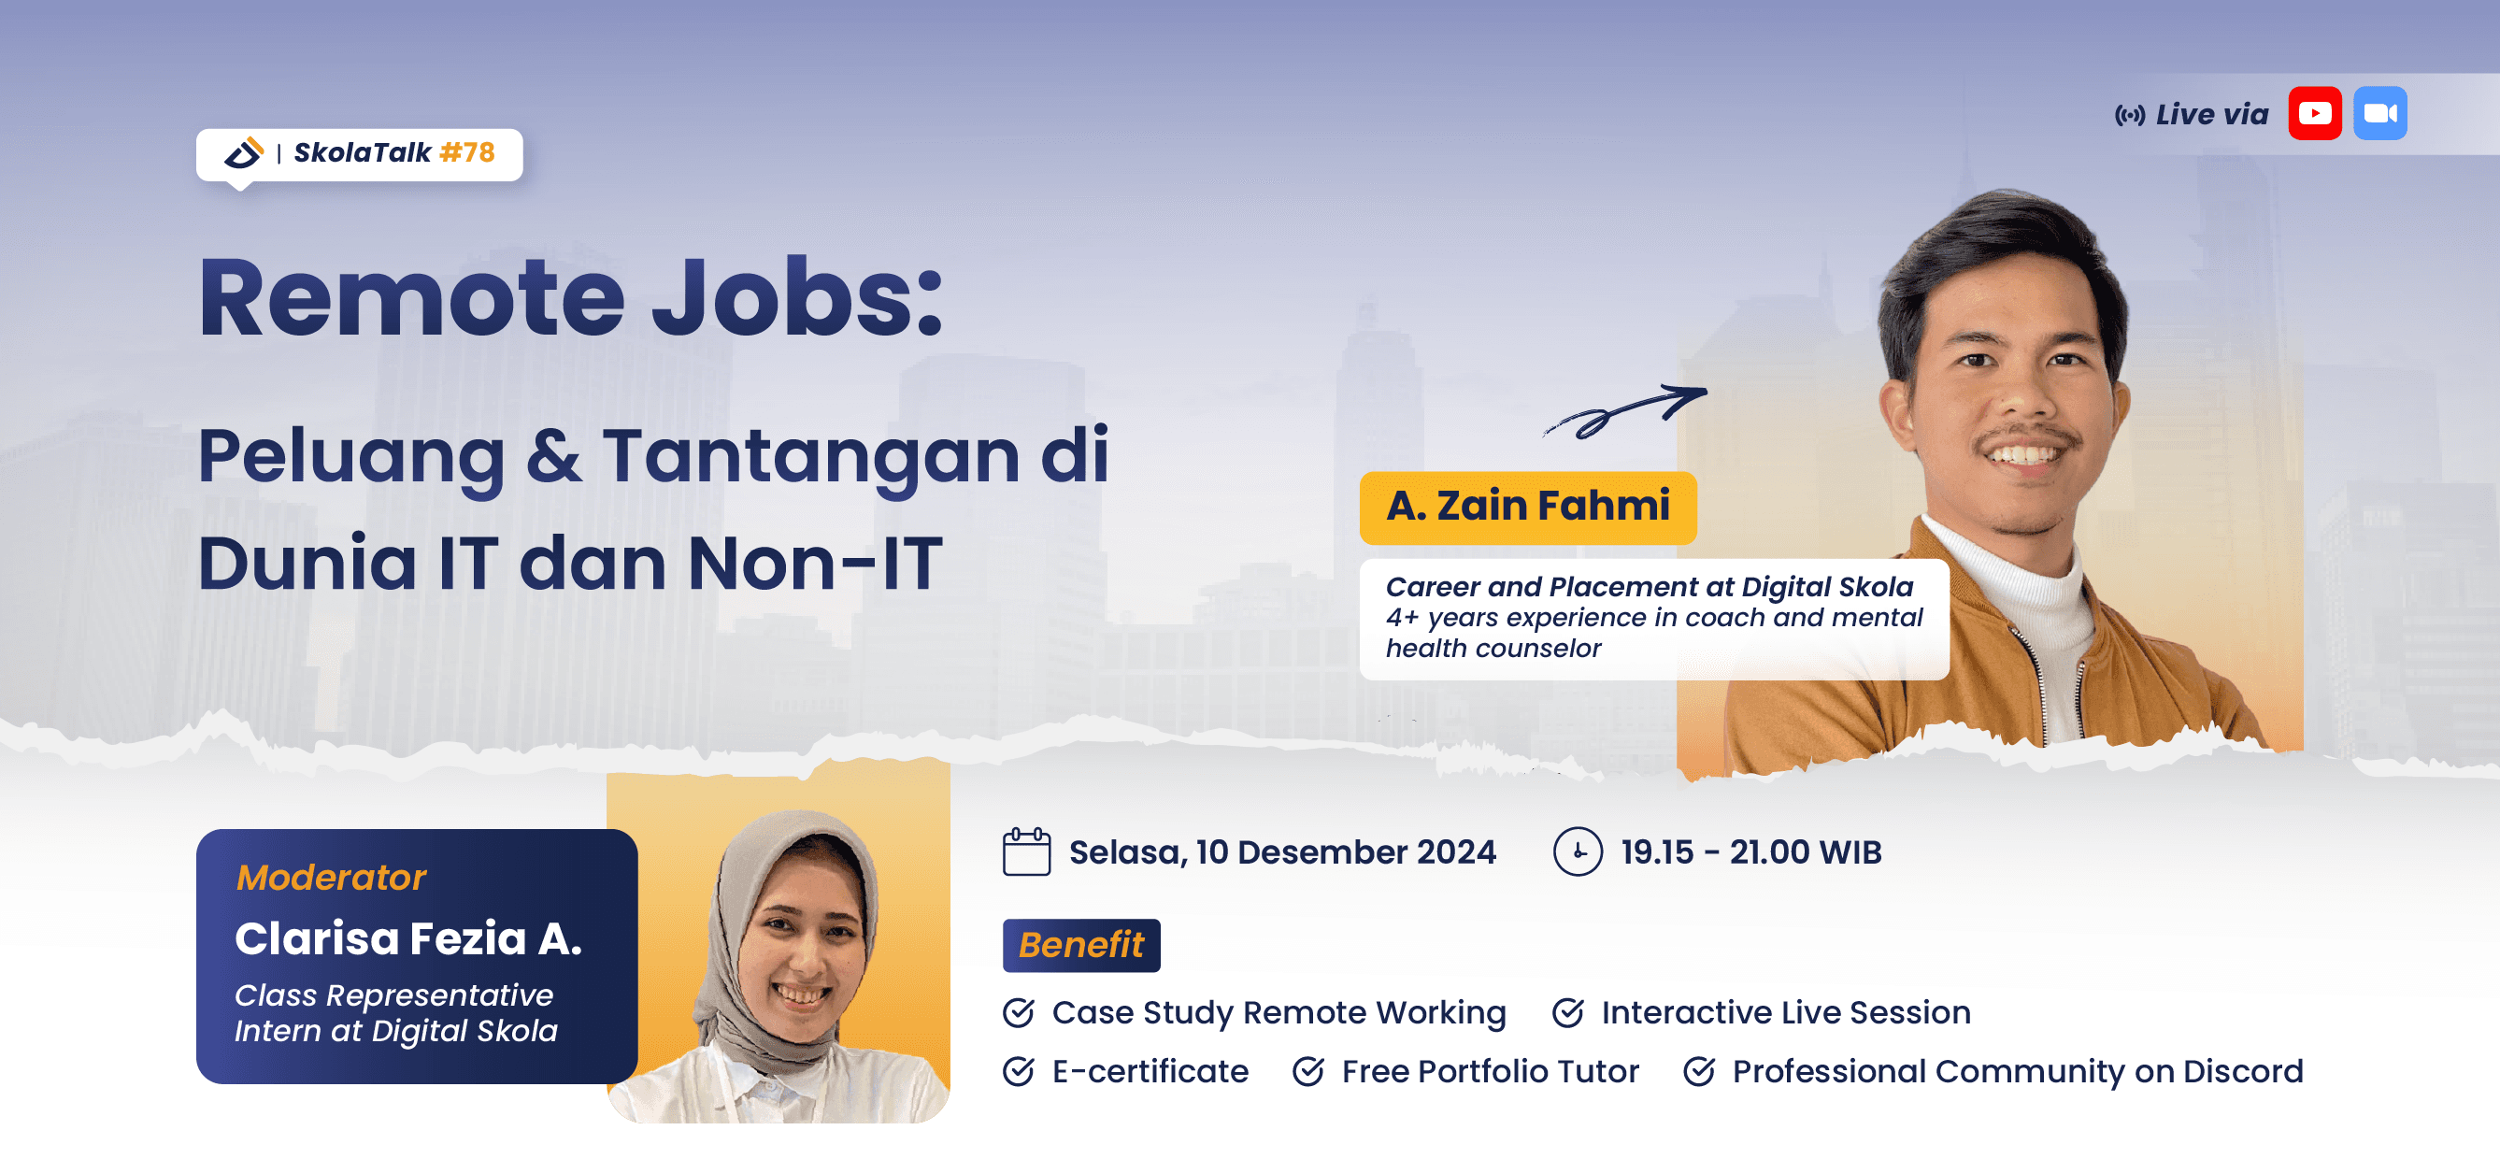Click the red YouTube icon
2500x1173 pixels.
[2315, 113]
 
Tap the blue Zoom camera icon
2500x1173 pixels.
[2379, 113]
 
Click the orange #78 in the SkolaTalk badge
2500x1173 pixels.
[466, 152]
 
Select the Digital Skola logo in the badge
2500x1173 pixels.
[244, 152]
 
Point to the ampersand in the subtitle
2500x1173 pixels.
[554, 456]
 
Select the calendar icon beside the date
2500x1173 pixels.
[1026, 851]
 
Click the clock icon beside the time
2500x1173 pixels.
[1578, 851]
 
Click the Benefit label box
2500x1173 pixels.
[1081, 945]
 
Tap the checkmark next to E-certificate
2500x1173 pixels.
[1018, 1071]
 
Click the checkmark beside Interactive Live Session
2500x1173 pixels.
[1567, 1012]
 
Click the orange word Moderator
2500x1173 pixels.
[331, 877]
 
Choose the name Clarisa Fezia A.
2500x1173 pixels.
[408, 938]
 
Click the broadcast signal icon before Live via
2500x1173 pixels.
[2129, 116]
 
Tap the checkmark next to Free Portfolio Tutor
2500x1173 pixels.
[1308, 1071]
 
